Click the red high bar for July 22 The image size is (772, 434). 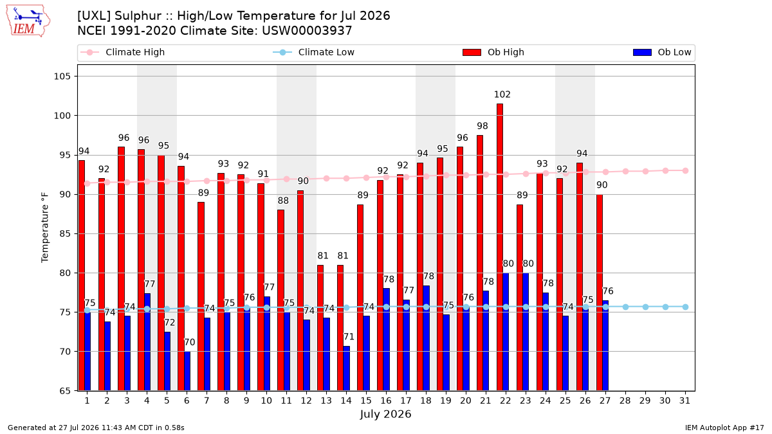[500, 248]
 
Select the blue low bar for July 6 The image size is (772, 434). [187, 372]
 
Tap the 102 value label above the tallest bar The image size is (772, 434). [502, 95]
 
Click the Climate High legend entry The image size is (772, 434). [122, 52]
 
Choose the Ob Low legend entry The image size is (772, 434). [662, 52]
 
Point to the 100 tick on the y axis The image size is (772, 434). [62, 116]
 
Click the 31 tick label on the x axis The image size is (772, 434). [685, 401]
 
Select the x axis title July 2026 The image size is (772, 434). [385, 414]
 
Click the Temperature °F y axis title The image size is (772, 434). [45, 228]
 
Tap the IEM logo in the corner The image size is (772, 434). [28, 21]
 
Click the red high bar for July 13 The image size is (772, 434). [320, 328]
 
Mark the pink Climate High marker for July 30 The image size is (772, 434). [665, 171]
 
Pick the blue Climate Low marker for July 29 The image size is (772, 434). [645, 307]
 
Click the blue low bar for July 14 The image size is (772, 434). [346, 368]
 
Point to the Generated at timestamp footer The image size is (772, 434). [96, 428]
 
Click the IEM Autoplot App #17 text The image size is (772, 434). [724, 428]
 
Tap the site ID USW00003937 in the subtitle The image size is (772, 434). [307, 31]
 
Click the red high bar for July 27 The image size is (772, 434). [600, 293]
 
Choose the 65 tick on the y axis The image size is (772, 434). [64, 391]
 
